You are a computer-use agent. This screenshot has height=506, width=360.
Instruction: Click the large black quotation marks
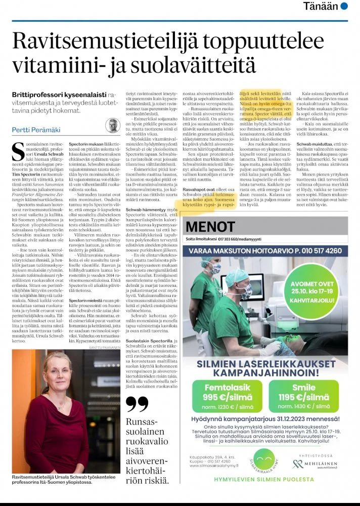click(137, 405)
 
